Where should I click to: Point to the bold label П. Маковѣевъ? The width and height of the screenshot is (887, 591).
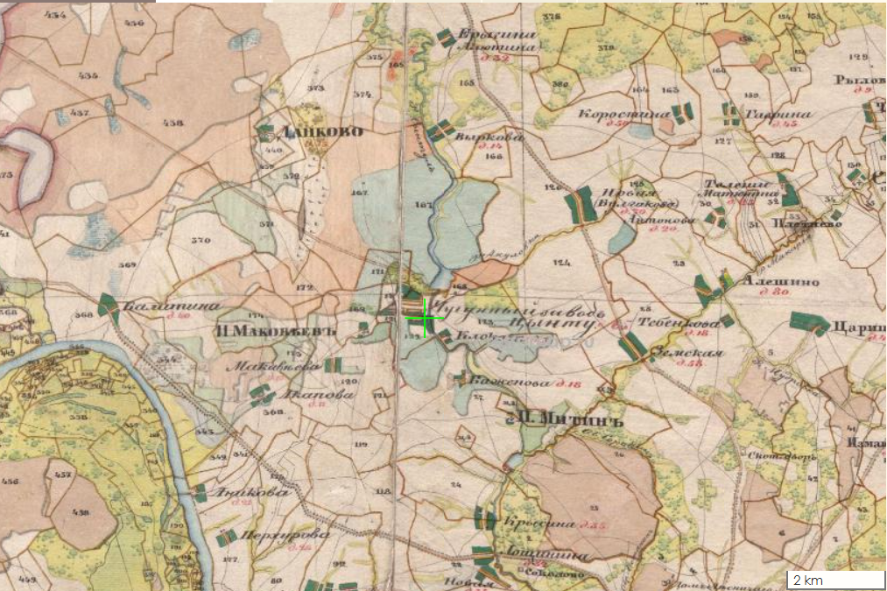point(266,330)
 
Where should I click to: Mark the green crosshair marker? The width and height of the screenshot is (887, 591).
point(426,317)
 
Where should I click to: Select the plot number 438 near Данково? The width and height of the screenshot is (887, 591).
point(172,123)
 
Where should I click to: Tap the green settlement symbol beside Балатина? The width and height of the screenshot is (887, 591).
point(108,304)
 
